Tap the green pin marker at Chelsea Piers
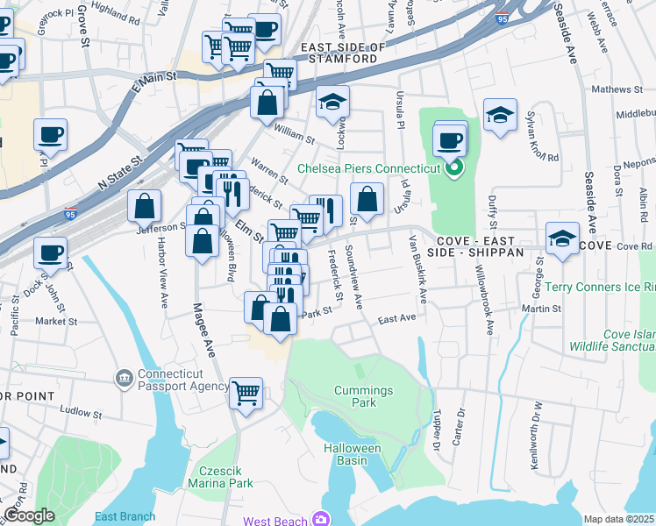[x=453, y=168]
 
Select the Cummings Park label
[x=354, y=396]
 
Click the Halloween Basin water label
[x=358, y=454]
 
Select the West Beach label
[x=275, y=521]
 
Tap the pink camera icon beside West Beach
[x=322, y=520]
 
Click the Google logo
[x=29, y=515]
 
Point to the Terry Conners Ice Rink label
[x=601, y=287]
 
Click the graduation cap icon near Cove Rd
[x=562, y=236]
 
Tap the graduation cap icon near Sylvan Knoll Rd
[x=500, y=115]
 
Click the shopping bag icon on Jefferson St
[x=145, y=207]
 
